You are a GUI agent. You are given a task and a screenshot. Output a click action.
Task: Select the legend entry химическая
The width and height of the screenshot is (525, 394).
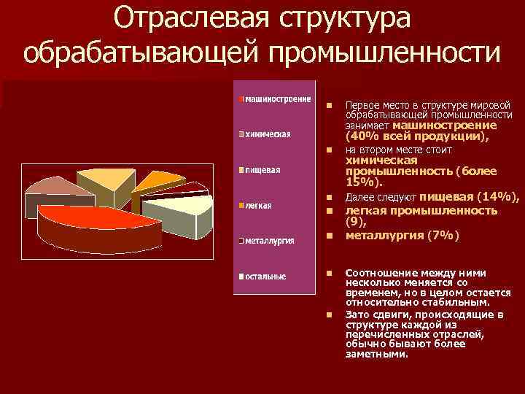(268, 134)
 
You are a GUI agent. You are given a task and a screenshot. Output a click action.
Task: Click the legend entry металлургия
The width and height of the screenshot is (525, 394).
(269, 241)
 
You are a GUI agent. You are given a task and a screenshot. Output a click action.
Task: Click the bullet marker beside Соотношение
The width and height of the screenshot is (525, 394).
(330, 273)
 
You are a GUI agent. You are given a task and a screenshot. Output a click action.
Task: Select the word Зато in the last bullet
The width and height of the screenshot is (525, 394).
(357, 314)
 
